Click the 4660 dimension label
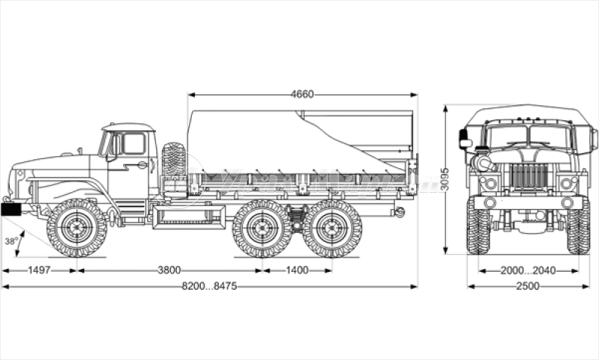click(x=302, y=94)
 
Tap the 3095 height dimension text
click(x=445, y=179)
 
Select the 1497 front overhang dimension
click(x=38, y=270)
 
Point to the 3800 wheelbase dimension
click(x=170, y=270)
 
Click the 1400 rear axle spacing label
click(x=297, y=270)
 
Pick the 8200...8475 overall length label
click(x=209, y=286)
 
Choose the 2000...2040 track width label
click(x=528, y=270)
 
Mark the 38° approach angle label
click(x=10, y=241)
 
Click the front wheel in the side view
click(x=76, y=228)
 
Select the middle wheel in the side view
click(x=261, y=228)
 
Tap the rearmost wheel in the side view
click(x=332, y=228)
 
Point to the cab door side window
click(x=134, y=143)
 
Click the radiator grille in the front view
click(x=529, y=177)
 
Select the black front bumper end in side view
click(x=11, y=210)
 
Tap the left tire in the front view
click(x=478, y=227)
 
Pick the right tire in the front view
click(x=578, y=227)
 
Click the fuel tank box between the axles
click(x=188, y=217)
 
